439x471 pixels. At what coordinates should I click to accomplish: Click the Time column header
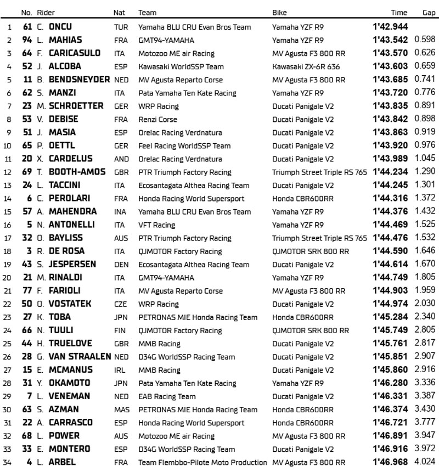point(399,13)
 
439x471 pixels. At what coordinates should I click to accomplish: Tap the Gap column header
point(429,13)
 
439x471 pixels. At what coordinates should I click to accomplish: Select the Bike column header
point(279,13)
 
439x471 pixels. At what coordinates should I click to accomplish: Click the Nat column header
point(119,13)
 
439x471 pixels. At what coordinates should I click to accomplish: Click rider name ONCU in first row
point(60,27)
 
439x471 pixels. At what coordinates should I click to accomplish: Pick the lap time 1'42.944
point(390,27)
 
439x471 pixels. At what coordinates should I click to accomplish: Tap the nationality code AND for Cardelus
point(120,159)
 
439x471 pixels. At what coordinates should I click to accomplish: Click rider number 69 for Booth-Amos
point(26,172)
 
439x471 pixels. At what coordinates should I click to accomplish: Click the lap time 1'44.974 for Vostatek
point(390,304)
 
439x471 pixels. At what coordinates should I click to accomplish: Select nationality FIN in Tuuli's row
point(119,330)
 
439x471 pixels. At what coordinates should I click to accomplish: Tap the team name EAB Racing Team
point(167,396)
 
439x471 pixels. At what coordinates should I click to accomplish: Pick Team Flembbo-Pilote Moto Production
point(202,462)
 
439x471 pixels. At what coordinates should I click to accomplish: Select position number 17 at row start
point(8,238)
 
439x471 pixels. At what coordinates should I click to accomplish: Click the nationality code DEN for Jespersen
point(120,264)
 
